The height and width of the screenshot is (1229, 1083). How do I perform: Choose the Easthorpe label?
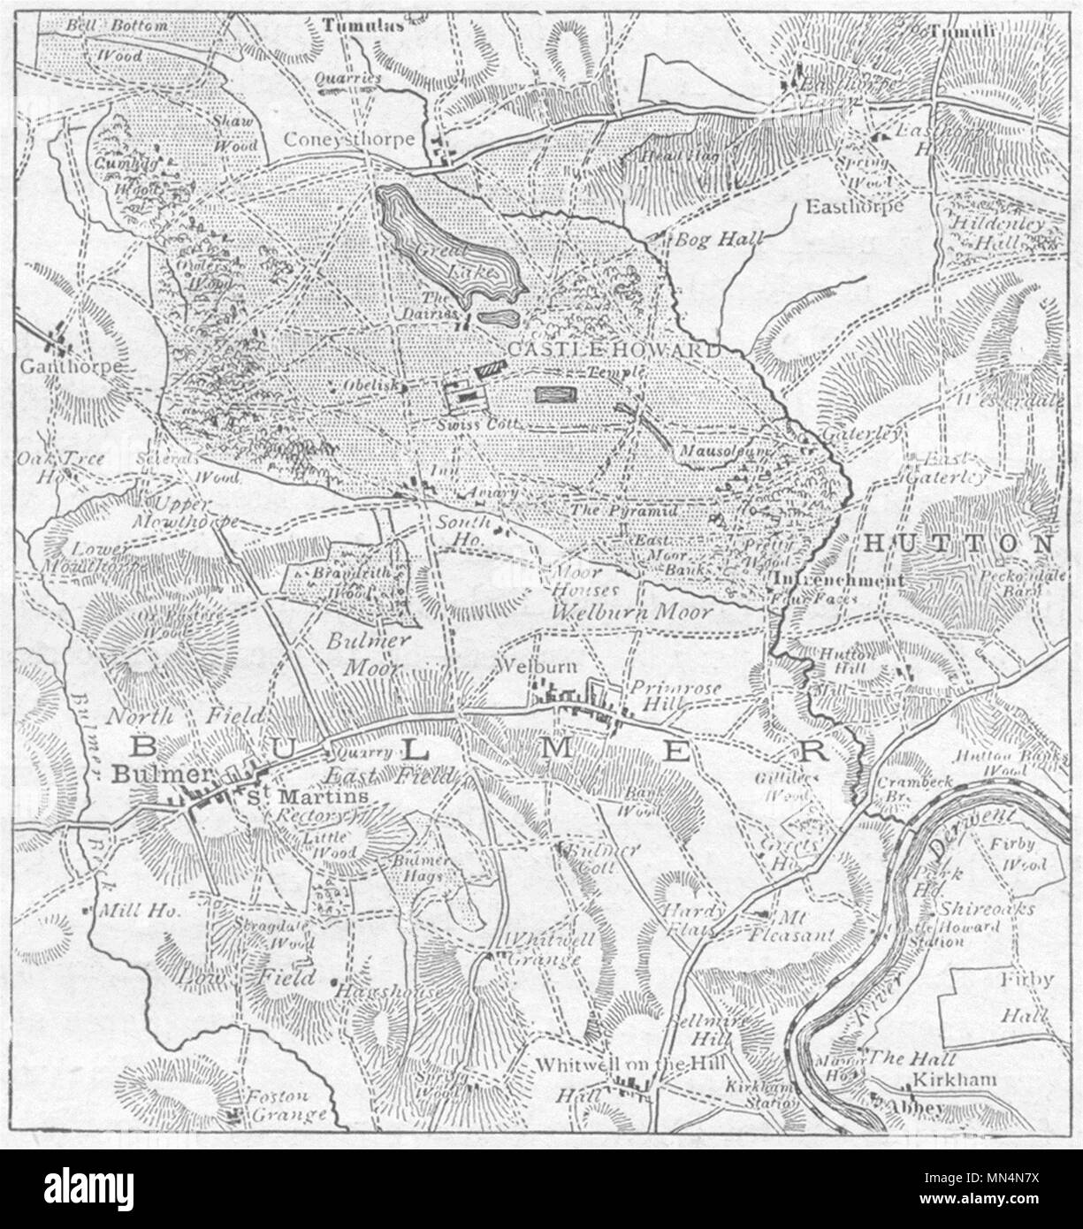coord(854,206)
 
